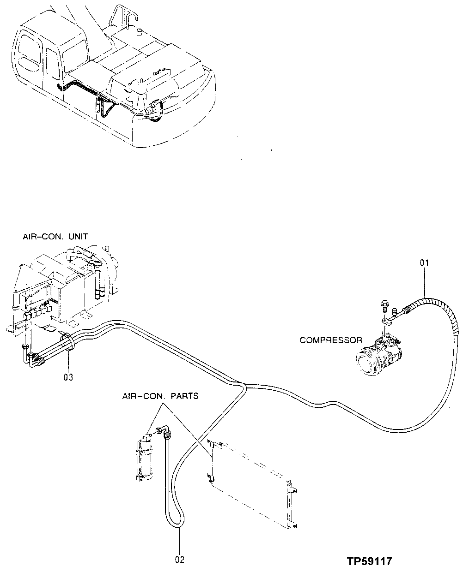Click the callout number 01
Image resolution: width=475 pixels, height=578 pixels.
(x=424, y=263)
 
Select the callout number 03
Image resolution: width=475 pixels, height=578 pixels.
(x=68, y=377)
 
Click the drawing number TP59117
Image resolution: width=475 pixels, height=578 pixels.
(x=370, y=561)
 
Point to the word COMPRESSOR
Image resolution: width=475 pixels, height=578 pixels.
(x=331, y=340)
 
